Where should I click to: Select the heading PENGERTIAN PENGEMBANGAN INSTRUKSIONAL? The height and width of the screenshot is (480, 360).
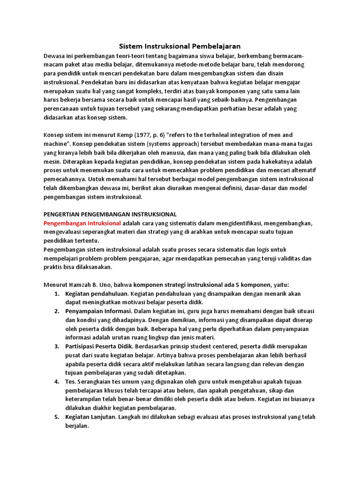(x=110, y=214)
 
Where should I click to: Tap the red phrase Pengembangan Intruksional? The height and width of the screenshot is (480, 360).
(x=82, y=223)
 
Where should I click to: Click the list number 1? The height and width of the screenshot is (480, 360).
(x=56, y=293)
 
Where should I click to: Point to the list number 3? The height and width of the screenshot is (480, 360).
(x=56, y=346)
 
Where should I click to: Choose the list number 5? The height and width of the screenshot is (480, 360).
(x=56, y=417)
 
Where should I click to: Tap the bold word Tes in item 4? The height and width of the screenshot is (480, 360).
(x=70, y=382)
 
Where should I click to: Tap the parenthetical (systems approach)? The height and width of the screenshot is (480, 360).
(x=190, y=143)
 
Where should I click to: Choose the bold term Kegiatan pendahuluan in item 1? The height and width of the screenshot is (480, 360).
(x=97, y=293)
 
